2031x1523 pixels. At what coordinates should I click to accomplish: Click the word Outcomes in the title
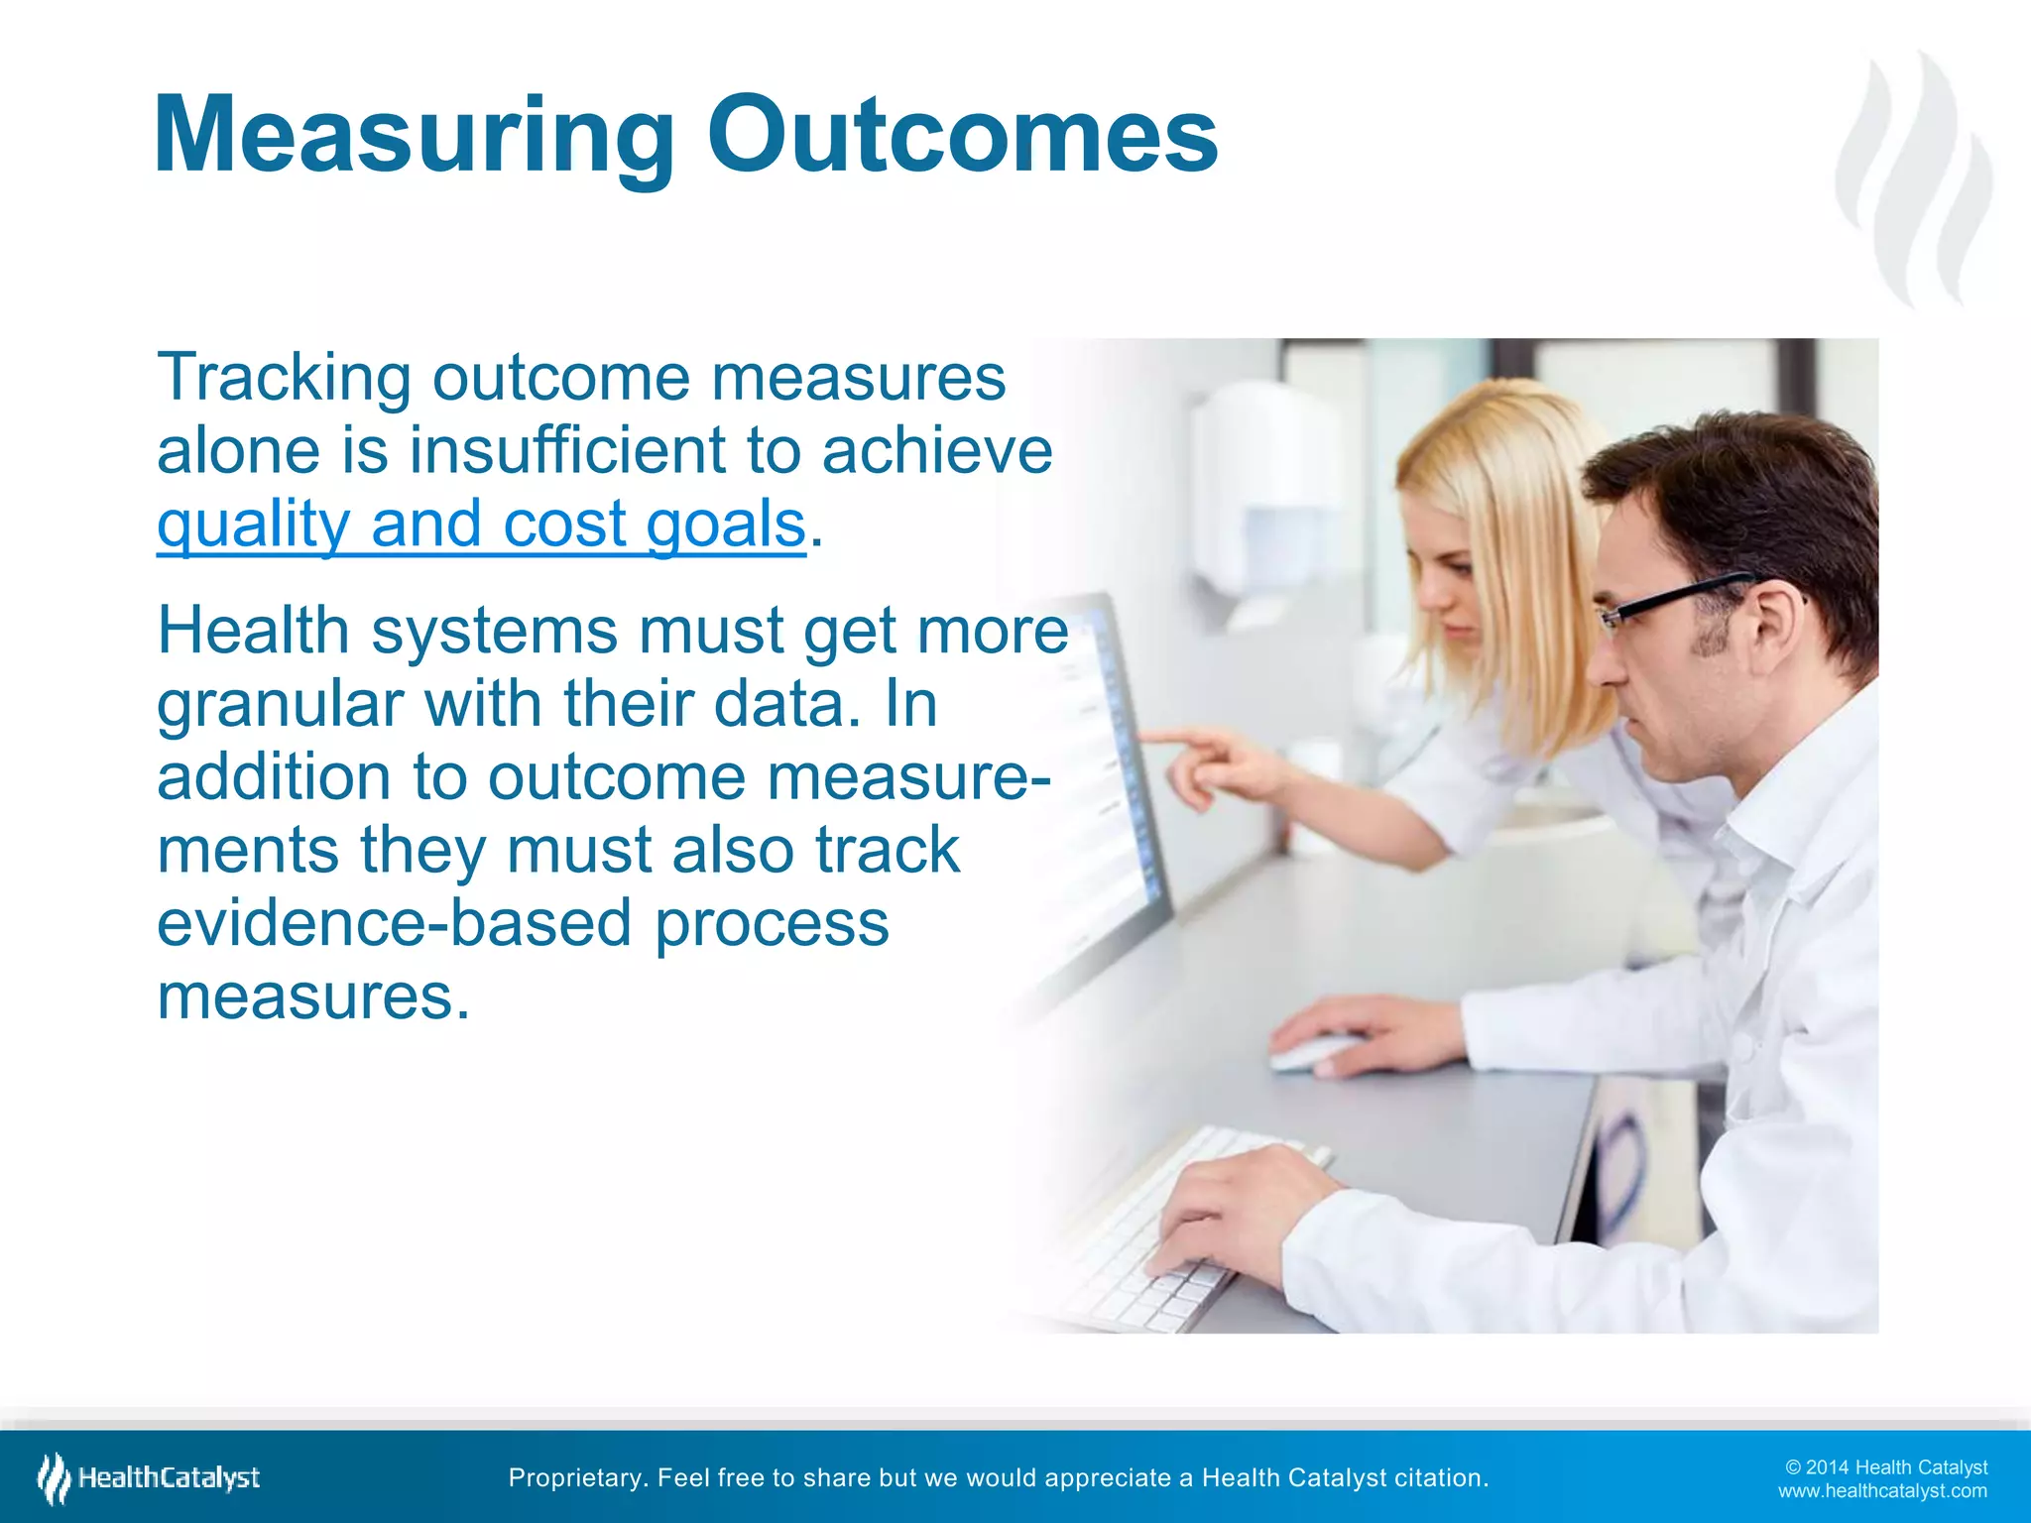click(x=962, y=136)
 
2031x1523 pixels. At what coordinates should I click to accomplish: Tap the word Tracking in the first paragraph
click(x=284, y=378)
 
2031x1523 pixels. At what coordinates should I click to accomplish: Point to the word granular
click(x=279, y=705)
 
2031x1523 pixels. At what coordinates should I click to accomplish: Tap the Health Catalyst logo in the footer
click(x=149, y=1477)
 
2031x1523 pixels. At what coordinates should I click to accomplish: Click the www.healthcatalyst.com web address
click(x=1881, y=1491)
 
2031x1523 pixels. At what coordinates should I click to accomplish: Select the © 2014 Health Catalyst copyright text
click(x=1885, y=1467)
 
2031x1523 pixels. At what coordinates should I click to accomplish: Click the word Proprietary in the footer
click(x=576, y=1477)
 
